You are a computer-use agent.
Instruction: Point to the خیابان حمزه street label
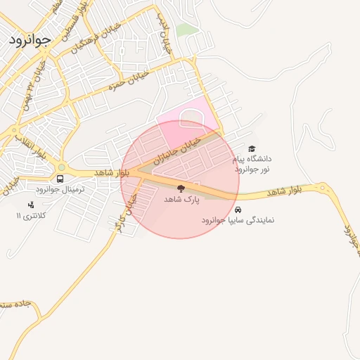[120, 85]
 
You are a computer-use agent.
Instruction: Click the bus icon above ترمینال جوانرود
[60, 178]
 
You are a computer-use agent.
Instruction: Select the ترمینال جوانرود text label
[60, 189]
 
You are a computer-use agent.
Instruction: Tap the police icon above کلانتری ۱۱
[30, 205]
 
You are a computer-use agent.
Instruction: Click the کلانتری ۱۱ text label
[30, 215]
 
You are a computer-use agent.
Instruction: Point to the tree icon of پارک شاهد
[181, 188]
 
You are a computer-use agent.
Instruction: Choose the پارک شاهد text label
[181, 200]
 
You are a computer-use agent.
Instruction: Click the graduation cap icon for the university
[252, 148]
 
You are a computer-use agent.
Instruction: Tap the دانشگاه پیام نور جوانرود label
[252, 165]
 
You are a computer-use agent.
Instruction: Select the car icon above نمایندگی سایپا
[238, 210]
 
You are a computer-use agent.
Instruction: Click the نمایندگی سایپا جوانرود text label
[238, 220]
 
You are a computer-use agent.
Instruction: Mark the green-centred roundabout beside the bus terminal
[60, 167]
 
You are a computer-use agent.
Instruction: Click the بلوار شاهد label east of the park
[284, 191]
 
